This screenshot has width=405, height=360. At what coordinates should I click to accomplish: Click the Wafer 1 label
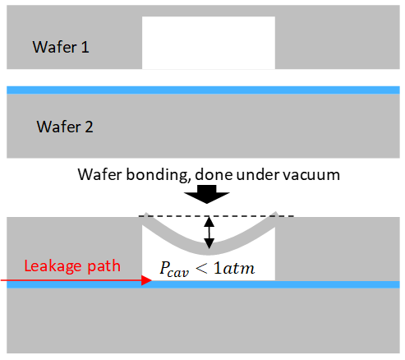click(x=61, y=47)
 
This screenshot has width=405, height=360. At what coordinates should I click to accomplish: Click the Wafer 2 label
click(x=65, y=127)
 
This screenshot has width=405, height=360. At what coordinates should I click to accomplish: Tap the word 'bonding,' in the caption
click(x=159, y=175)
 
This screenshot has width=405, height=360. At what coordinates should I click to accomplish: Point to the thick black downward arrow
click(x=207, y=194)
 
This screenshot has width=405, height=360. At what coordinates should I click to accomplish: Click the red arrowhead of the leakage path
click(x=146, y=280)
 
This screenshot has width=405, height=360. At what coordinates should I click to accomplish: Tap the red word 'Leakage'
click(x=53, y=266)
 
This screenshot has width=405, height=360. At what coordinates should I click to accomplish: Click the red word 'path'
click(x=104, y=266)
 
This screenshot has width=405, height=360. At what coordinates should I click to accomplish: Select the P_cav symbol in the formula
click(x=174, y=269)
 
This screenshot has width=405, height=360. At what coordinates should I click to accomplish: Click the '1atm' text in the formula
click(x=234, y=268)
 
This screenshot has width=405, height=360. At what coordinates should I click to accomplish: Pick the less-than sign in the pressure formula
click(x=201, y=269)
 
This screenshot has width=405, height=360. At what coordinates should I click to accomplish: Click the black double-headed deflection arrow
click(x=209, y=233)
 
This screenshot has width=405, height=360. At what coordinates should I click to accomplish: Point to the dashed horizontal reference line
click(x=216, y=216)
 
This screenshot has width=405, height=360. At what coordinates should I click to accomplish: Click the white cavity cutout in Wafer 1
click(x=209, y=43)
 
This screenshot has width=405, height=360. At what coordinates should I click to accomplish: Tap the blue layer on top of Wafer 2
click(x=203, y=90)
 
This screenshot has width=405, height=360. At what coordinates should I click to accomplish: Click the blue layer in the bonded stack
click(x=203, y=284)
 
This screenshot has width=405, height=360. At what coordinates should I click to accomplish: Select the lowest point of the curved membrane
click(x=209, y=255)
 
